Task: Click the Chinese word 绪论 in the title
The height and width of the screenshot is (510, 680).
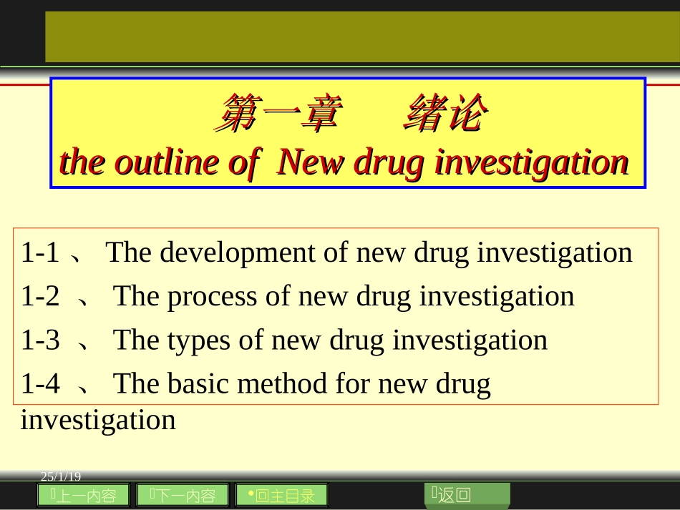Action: [446, 114]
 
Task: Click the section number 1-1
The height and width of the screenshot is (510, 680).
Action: [40, 252]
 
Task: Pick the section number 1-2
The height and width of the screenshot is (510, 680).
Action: [40, 296]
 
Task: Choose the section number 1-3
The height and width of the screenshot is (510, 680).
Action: [40, 340]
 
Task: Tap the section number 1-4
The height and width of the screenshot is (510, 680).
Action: [40, 384]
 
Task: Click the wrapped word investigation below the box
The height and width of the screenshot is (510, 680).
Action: [98, 419]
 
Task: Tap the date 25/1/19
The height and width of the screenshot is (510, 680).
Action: [62, 476]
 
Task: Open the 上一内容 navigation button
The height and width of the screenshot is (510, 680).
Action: [83, 495]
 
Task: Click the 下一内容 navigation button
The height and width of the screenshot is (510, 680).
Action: [183, 495]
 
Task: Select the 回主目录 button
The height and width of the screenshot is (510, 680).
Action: [281, 495]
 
